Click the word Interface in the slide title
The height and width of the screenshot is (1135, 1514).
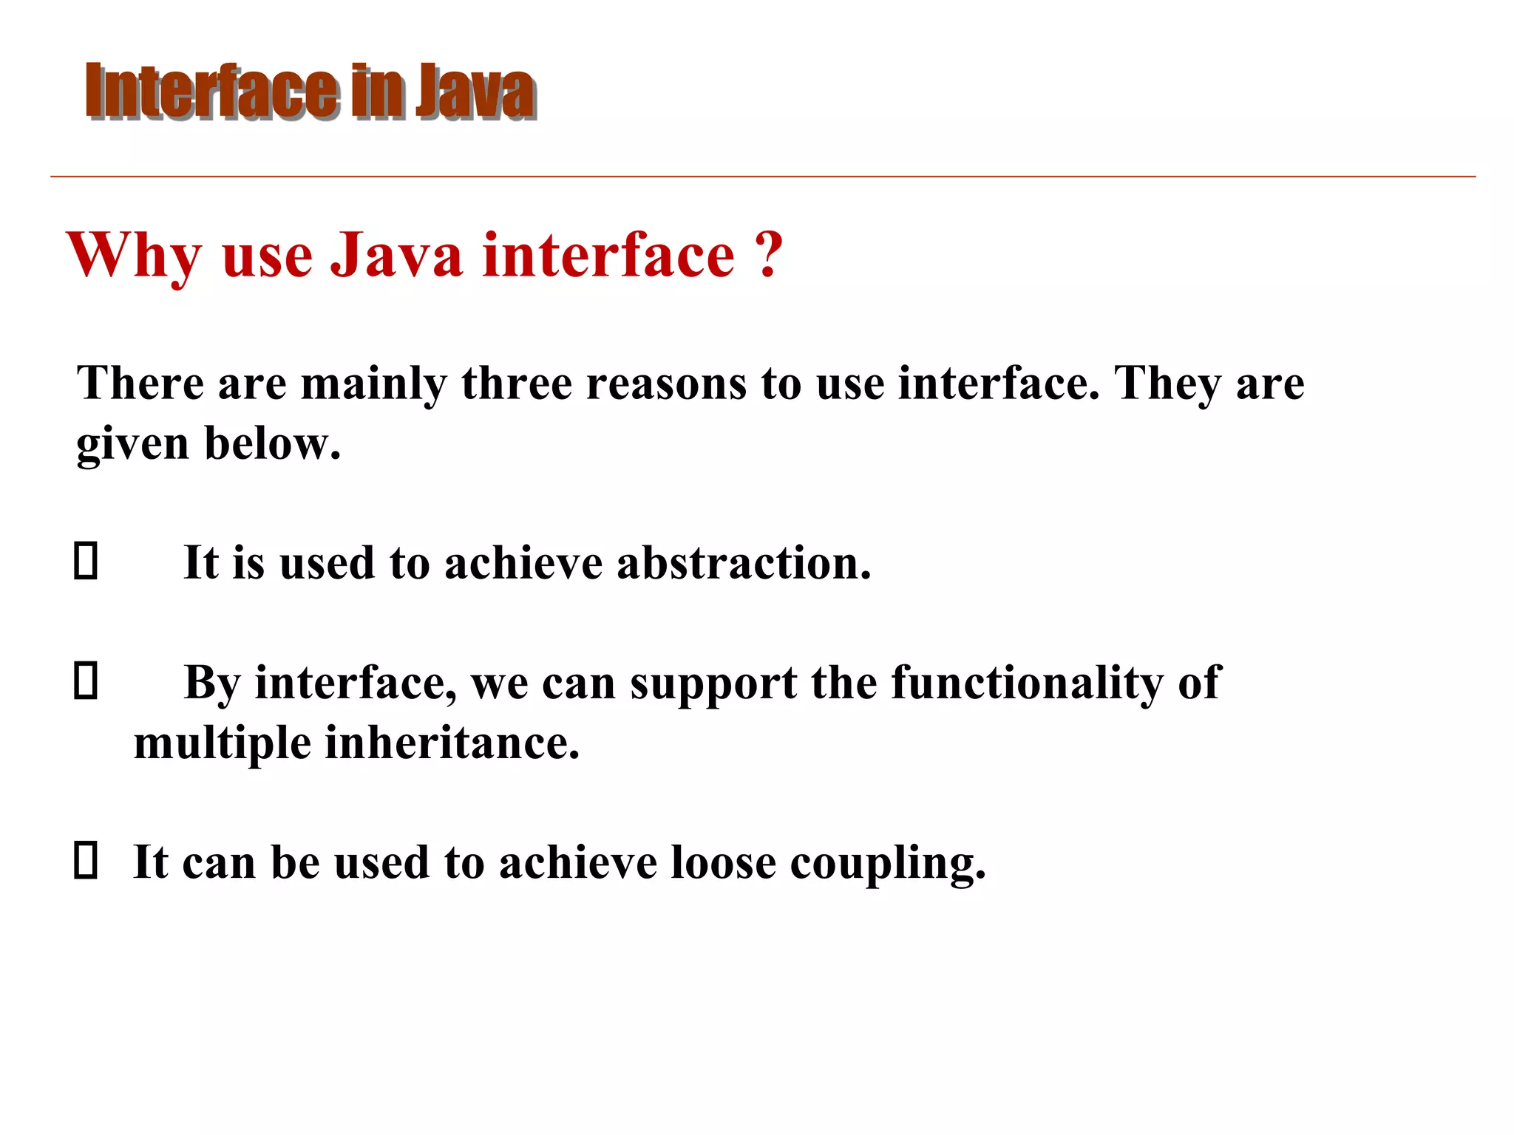[x=213, y=92]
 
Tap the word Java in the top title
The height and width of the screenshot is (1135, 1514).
[x=475, y=92]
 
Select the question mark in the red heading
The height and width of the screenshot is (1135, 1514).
[x=769, y=255]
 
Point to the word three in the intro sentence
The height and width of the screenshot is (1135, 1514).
[x=517, y=384]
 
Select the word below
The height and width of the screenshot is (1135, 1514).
[x=272, y=443]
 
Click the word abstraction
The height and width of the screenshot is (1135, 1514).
[x=744, y=563]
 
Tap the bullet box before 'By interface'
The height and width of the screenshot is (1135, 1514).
[x=86, y=681]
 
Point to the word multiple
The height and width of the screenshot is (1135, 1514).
[x=223, y=743]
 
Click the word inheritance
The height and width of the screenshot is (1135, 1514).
[x=452, y=743]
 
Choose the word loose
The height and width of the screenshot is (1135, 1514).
[x=723, y=862]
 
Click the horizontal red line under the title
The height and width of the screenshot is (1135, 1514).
[x=761, y=177]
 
